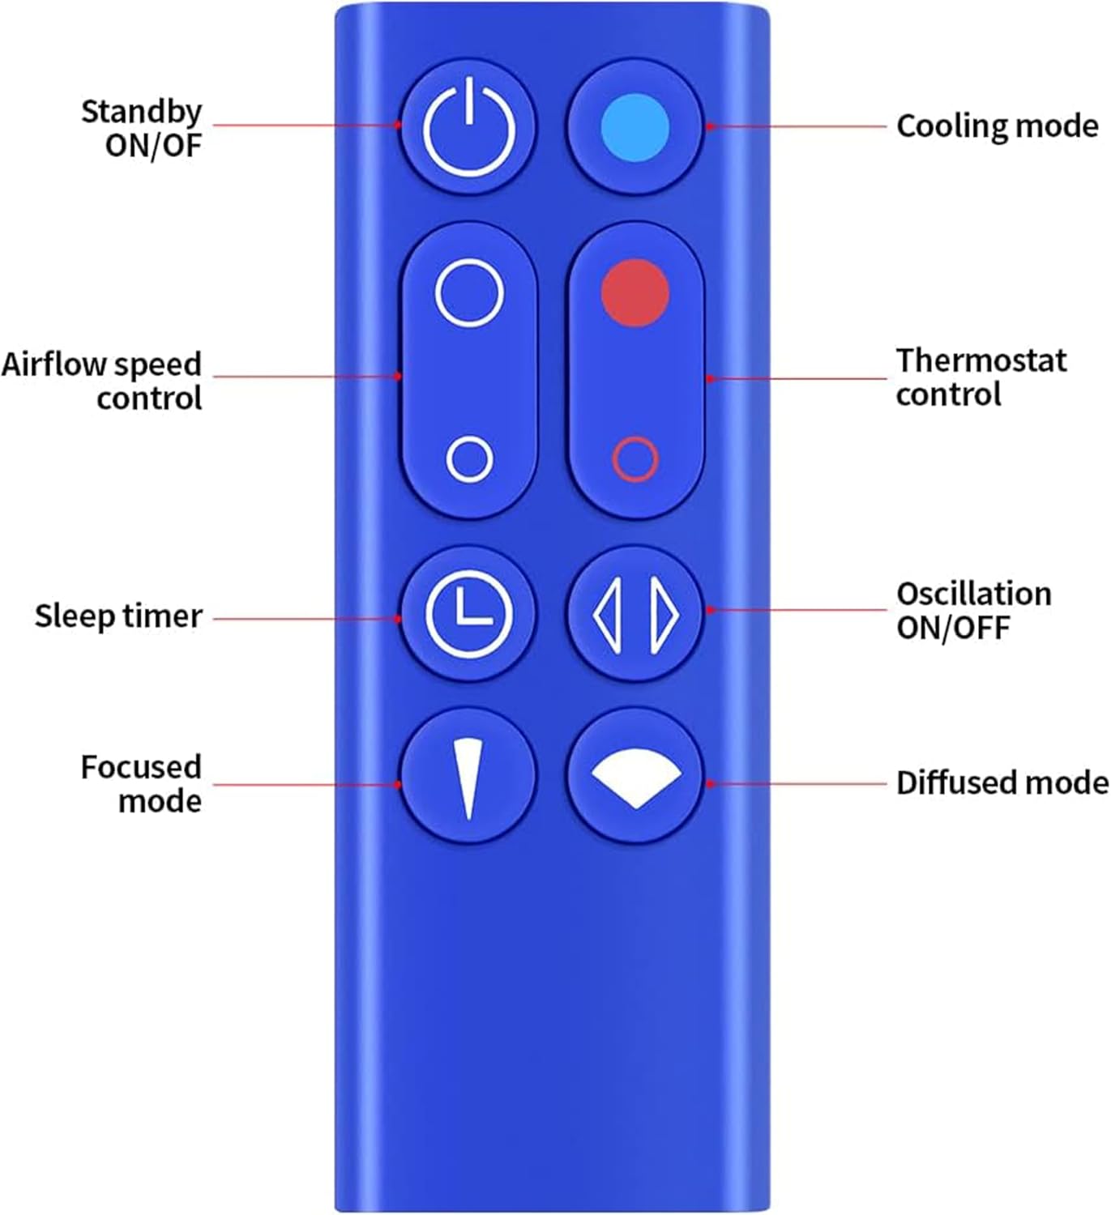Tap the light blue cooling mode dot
(635, 127)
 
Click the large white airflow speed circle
(469, 292)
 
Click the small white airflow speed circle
(469, 459)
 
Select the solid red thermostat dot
(635, 292)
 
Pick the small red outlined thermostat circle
(635, 459)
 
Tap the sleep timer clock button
(469, 613)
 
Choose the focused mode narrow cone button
(469, 776)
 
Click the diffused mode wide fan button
(635, 776)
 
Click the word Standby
(141, 112)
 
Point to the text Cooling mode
(997, 126)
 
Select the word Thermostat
(981, 360)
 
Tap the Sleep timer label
(118, 616)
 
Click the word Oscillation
(973, 594)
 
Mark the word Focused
(140, 767)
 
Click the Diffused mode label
(1002, 783)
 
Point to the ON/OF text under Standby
(152, 146)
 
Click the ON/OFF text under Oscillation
(953, 628)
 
